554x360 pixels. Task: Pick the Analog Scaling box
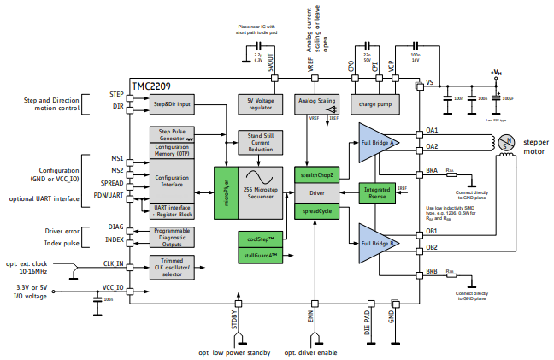315,100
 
